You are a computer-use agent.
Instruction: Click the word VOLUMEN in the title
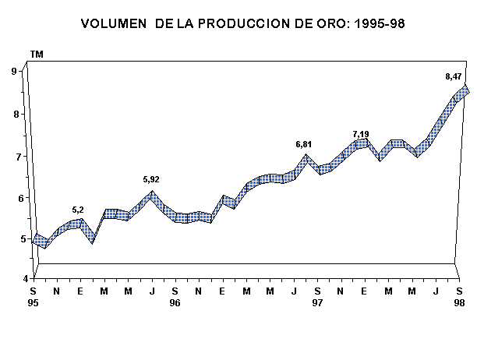115,25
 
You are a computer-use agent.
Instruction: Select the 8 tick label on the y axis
15,114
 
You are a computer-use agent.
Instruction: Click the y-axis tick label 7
15,156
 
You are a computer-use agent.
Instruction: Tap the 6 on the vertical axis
15,197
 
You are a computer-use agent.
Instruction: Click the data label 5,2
78,210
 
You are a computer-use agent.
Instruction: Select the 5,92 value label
152,180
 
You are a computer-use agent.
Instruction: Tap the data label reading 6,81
303,145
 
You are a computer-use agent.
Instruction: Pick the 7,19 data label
361,134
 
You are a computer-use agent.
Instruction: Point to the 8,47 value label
453,76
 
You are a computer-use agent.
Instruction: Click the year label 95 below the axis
34,302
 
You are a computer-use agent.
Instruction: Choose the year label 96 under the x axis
175,302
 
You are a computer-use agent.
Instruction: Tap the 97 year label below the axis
317,302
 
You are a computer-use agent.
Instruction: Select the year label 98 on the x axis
460,302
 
